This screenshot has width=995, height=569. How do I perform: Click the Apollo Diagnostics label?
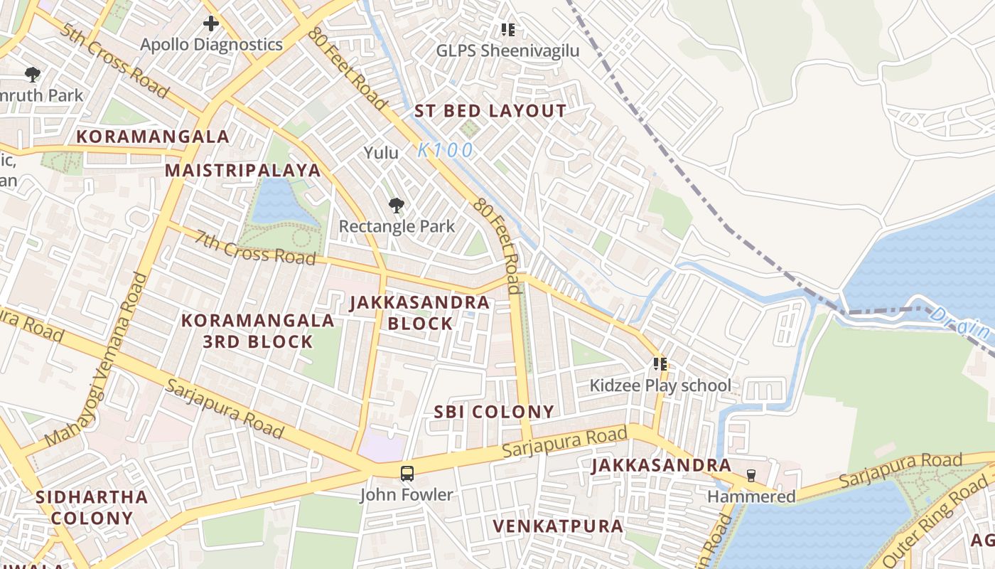pos(211,45)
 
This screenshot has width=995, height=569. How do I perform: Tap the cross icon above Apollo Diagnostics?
pos(211,23)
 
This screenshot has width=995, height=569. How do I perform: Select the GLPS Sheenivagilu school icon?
pos(507,29)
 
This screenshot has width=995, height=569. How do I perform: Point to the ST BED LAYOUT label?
pos(490,111)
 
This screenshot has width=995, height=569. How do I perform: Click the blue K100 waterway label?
pos(445,150)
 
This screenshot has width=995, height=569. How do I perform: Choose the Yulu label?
pos(382,153)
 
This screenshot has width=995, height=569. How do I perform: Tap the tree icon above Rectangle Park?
pos(397,206)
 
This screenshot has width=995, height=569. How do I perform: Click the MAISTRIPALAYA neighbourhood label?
pos(243,171)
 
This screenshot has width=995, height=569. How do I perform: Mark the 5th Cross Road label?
pos(114,60)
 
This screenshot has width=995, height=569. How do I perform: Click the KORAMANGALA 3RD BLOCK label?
pos(257,331)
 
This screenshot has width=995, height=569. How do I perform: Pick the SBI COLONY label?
pos(494,412)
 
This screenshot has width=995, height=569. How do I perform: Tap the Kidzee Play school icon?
pos(660,364)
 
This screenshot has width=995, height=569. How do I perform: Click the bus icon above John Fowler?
pos(407,473)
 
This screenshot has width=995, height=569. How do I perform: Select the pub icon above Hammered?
pos(751,475)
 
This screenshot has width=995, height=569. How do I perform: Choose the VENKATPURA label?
pos(558,526)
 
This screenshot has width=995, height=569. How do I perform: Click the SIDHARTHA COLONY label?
pos(92,507)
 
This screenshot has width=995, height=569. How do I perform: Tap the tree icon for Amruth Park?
pos(32,74)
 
